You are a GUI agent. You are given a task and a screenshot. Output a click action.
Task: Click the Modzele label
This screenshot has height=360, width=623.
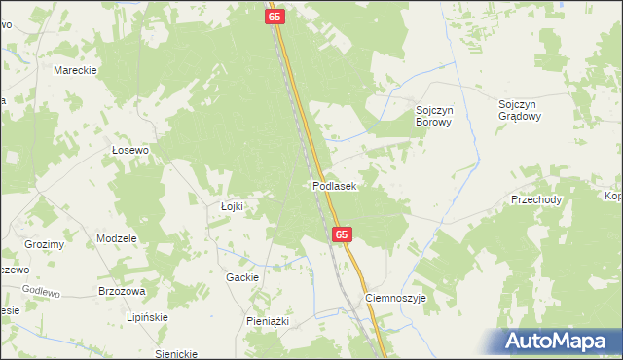116,238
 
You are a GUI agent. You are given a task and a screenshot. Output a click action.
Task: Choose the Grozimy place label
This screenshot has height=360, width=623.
45,244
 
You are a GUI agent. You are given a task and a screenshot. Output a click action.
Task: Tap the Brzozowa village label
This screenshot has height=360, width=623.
122,291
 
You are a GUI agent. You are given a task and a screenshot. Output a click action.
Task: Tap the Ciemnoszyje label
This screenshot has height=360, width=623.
395,299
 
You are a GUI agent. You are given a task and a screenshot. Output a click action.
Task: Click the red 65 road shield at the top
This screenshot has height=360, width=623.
275,18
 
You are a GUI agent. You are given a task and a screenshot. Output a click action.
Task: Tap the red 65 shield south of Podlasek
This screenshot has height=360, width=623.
341,235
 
